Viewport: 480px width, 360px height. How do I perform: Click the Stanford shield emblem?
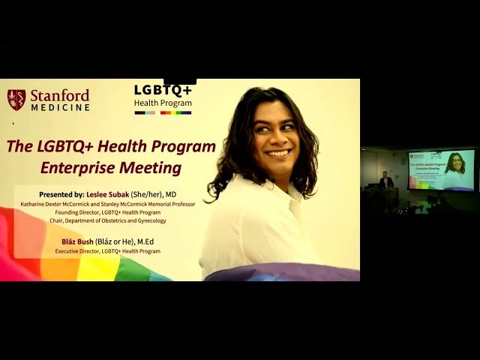click(16, 100)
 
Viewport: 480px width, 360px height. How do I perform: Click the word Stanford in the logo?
click(59, 95)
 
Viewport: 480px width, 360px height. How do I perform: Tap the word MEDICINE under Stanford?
click(61, 107)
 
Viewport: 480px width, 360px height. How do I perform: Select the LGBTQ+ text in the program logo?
click(163, 90)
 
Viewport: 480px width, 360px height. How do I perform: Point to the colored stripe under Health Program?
click(163, 112)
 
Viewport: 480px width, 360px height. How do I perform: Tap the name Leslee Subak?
click(109, 194)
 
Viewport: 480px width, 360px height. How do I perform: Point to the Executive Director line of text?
click(107, 251)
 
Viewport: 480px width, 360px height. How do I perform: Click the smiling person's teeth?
click(277, 153)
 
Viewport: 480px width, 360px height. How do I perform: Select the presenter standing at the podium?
click(386, 181)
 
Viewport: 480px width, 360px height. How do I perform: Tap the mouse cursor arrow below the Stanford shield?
click(13, 123)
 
